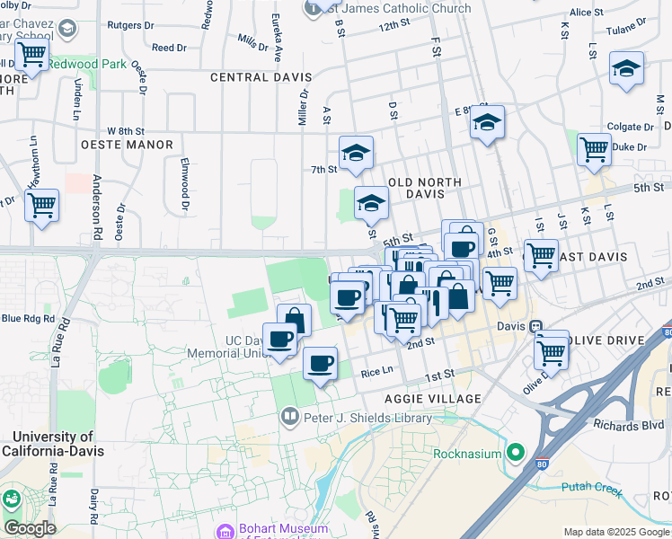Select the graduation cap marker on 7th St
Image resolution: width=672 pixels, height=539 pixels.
click(x=356, y=154)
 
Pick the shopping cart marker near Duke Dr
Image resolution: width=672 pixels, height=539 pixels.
click(x=594, y=149)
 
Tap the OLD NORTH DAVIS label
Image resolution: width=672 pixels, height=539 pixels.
click(x=424, y=182)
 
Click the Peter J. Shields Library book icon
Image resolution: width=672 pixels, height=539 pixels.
click(x=290, y=416)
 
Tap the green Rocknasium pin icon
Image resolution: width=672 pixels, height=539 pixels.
click(x=516, y=453)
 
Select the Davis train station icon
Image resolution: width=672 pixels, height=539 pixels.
click(x=536, y=326)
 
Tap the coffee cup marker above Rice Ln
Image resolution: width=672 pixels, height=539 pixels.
click(x=320, y=364)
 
